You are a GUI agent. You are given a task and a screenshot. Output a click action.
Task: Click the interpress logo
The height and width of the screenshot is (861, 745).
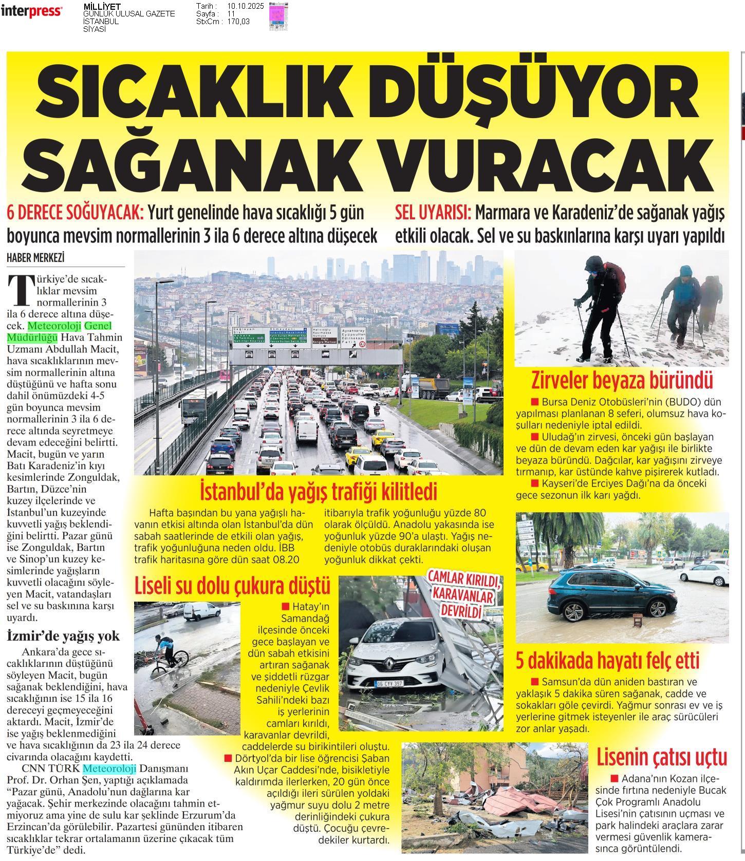point(32,12)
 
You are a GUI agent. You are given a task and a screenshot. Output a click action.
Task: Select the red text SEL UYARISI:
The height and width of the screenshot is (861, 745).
point(433,212)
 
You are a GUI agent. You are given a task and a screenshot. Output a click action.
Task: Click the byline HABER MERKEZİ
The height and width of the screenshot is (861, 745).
point(35,258)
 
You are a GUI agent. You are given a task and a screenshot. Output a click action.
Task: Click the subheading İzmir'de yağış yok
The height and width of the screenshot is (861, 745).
point(63,636)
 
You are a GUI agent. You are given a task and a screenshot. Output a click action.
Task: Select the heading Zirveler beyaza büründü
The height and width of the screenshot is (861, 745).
point(622,381)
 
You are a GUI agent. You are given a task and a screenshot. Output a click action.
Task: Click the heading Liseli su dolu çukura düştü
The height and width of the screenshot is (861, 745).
point(232,585)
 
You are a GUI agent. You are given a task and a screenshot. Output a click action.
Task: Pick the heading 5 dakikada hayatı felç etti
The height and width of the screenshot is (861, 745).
point(608,661)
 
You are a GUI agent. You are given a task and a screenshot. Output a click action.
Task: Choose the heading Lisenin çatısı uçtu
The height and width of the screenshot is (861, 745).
point(662,757)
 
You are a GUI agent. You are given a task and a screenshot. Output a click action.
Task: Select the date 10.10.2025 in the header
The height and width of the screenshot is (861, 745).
point(245,6)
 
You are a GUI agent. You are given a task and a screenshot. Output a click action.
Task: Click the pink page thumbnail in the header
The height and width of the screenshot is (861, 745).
point(278,15)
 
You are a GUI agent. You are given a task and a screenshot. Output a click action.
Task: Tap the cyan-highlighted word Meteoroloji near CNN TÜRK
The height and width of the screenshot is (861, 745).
point(109,769)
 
